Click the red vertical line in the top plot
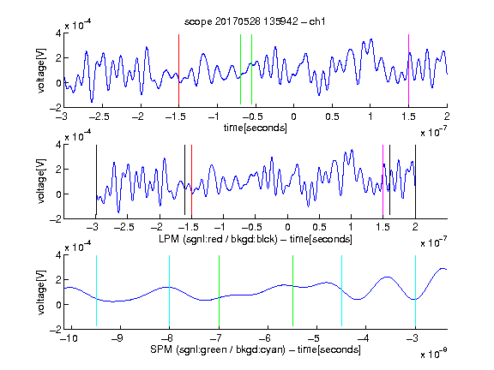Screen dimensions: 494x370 (178, 69)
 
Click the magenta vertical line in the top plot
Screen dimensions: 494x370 (408, 69)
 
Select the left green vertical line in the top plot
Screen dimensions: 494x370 (240, 69)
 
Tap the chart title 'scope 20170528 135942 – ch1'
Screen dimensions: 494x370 (255, 21)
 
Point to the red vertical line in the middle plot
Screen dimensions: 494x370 (191, 180)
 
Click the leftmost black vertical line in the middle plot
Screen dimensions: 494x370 (96, 180)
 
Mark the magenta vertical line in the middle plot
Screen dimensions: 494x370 (383, 180)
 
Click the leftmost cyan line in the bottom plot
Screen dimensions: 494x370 (96, 290)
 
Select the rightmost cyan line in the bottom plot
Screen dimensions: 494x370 (415, 291)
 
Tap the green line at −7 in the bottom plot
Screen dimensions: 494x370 (219, 291)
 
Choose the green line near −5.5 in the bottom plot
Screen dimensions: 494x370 (292, 290)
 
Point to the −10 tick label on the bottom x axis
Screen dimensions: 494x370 (70, 338)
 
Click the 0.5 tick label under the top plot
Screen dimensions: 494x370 (332, 116)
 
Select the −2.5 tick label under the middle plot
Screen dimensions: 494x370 (123, 227)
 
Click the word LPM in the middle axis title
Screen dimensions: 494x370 (169, 239)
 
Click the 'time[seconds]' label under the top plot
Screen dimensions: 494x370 (256, 128)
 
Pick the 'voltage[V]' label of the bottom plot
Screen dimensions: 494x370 (41, 292)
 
